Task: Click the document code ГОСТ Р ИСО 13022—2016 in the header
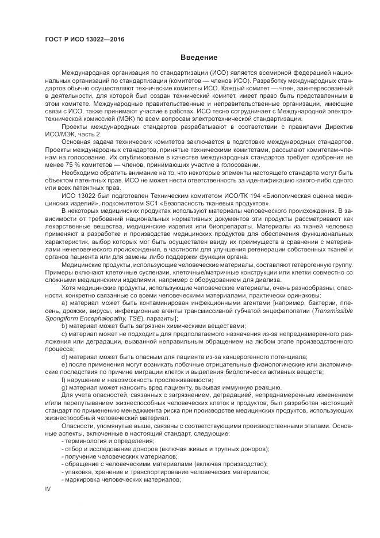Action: (x=85, y=40)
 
